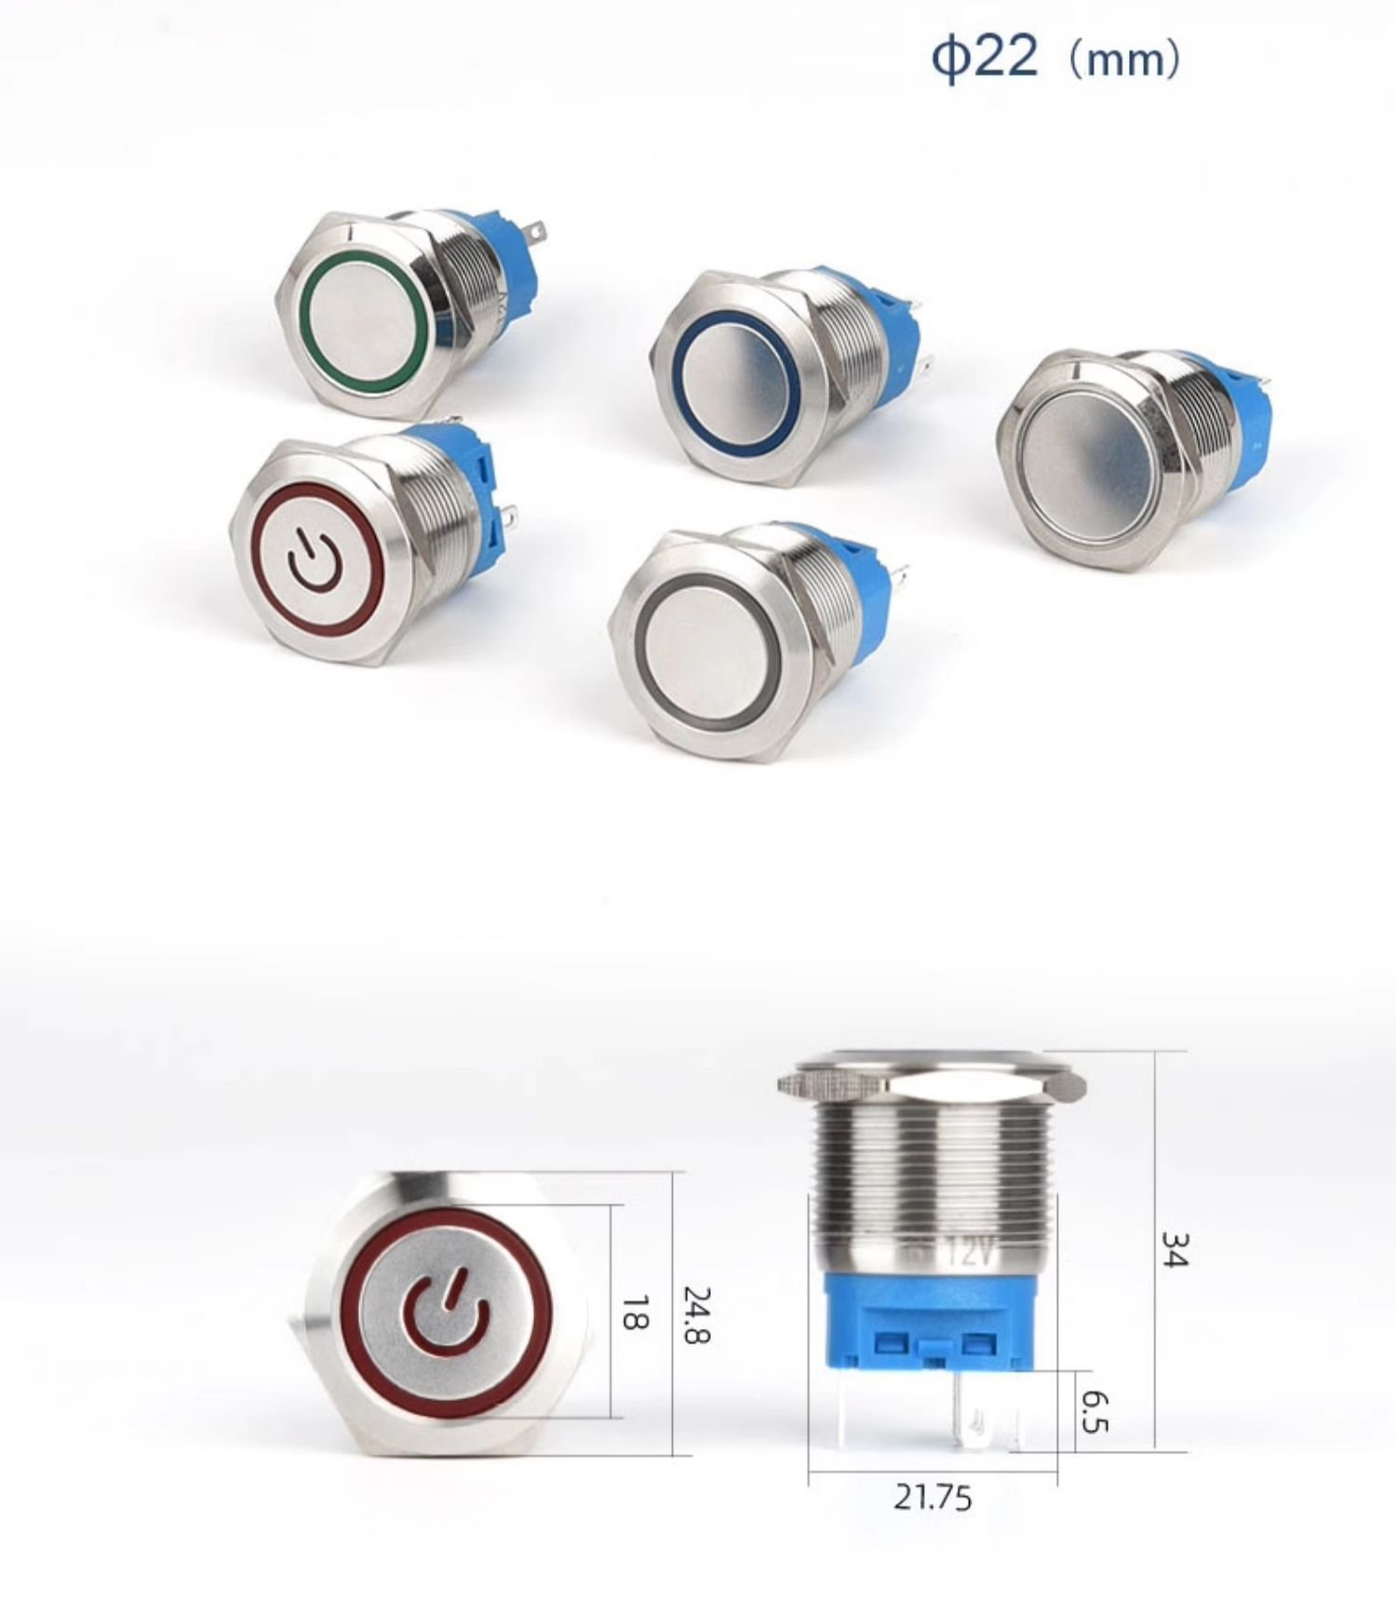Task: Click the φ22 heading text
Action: [x=985, y=58]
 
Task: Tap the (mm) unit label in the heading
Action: [x=1124, y=60]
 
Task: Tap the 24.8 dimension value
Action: [x=697, y=1313]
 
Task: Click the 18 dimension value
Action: [x=635, y=1311]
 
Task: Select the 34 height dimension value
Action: [x=1174, y=1248]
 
